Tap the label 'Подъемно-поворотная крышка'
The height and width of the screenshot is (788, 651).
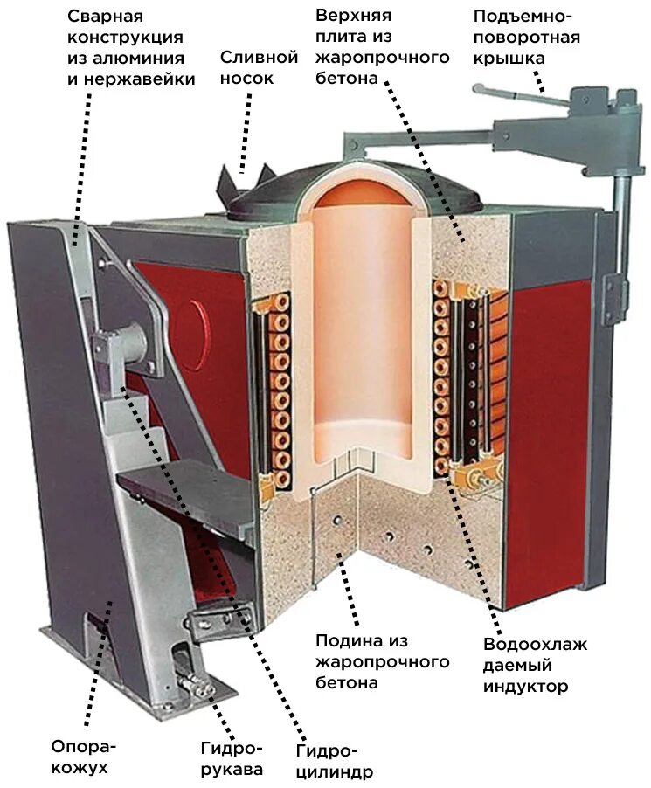tap(525, 38)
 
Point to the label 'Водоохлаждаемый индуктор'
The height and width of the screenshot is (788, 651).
tap(534, 666)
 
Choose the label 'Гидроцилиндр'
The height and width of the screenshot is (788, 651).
tap(335, 761)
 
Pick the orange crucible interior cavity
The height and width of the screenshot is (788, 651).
tap(361, 332)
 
